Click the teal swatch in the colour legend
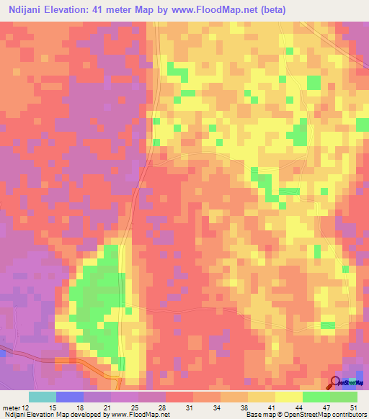(x=43, y=397)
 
